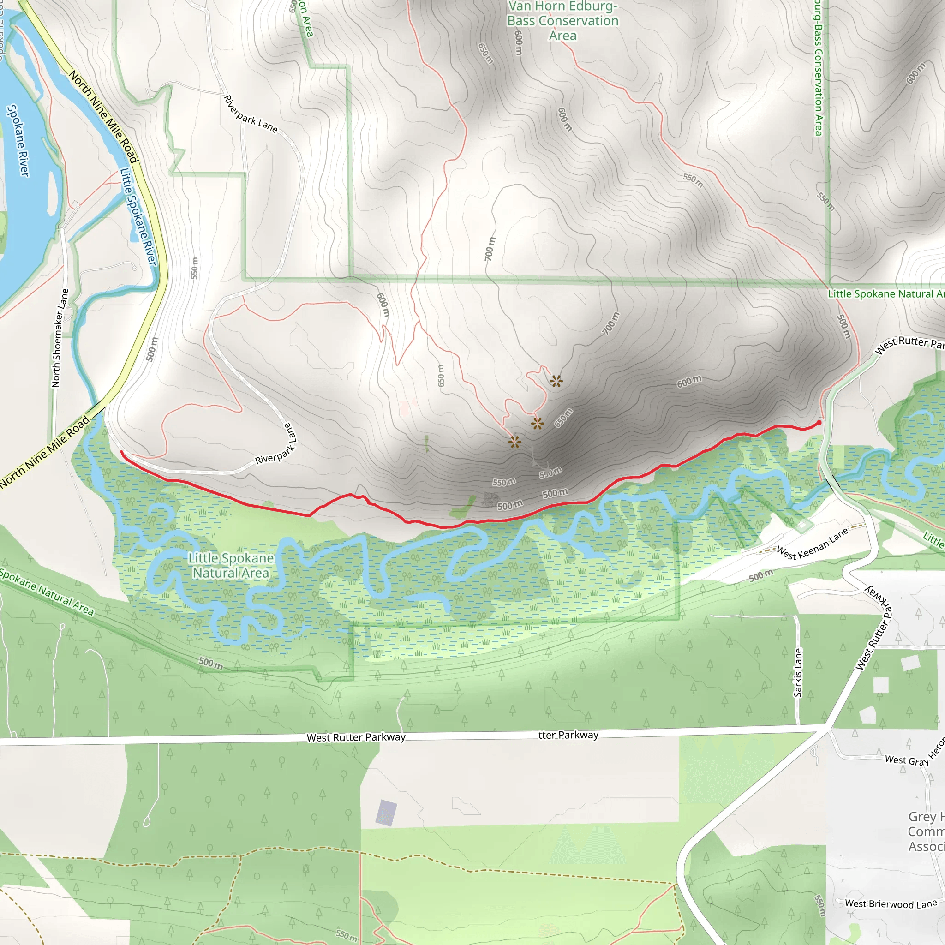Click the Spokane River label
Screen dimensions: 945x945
tap(18, 140)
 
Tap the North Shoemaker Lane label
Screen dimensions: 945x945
tap(60, 338)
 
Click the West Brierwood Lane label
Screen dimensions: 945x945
tap(891, 904)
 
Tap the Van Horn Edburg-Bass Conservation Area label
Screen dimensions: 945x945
tap(562, 21)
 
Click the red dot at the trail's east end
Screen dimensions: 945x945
tap(819, 423)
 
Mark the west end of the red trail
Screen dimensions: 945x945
tap(121, 453)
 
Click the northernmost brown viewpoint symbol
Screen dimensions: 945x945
tap(556, 381)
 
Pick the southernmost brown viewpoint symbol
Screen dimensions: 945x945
tap(514, 442)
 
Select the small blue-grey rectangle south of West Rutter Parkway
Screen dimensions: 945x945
tap(386, 813)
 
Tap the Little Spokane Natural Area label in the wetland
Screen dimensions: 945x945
tap(231, 565)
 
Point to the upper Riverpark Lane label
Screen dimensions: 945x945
tap(251, 114)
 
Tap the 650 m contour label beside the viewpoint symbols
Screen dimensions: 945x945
tap(563, 418)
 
